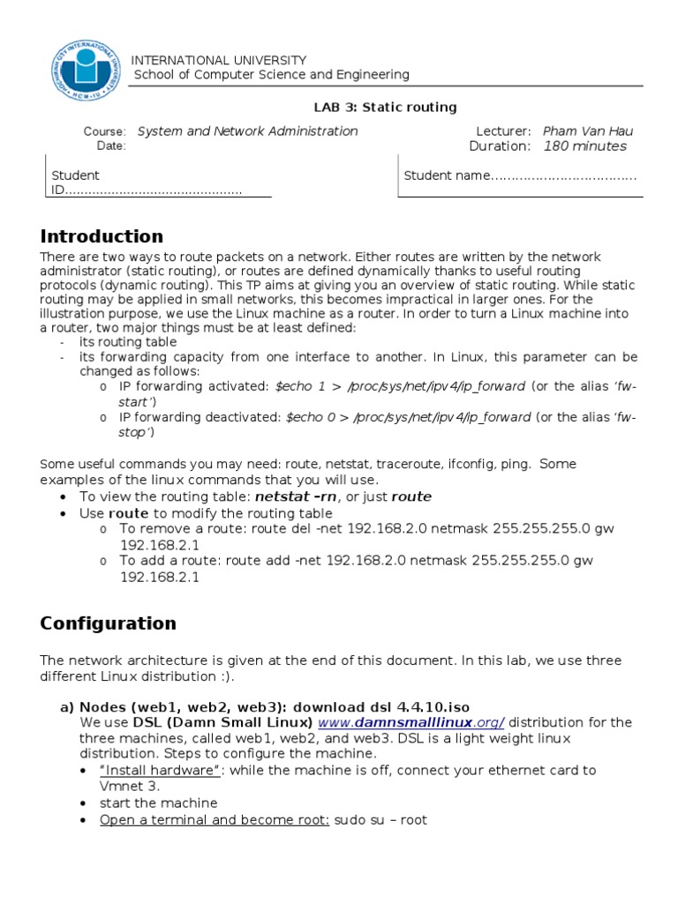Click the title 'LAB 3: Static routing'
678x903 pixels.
tap(385, 108)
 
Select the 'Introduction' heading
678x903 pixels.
tap(102, 236)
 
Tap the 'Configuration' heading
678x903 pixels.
tap(108, 623)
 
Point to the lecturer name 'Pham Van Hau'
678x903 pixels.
tap(588, 131)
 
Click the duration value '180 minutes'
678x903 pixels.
tap(584, 146)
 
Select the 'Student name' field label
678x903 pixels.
tap(446, 175)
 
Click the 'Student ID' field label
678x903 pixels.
tap(75, 183)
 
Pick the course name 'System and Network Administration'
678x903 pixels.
tap(247, 131)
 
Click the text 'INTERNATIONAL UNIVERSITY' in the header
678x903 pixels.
tap(219, 60)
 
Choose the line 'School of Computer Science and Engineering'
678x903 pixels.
tap(271, 75)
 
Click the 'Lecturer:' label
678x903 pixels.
tap(503, 131)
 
